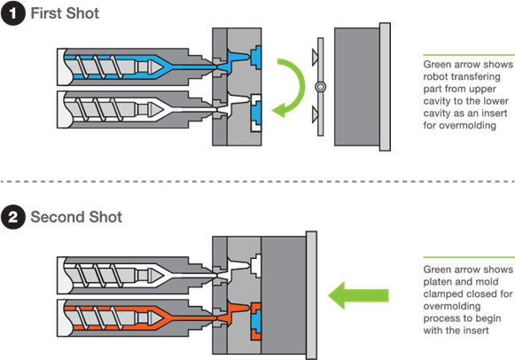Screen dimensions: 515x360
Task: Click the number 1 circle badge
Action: pos(12,13)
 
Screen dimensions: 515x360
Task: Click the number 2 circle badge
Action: pos(12,216)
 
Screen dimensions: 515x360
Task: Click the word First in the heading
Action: pos(46,13)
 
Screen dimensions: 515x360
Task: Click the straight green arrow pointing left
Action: pos(358,295)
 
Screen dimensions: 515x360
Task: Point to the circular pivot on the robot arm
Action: pos(321,87)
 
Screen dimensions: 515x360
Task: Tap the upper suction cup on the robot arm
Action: pos(315,57)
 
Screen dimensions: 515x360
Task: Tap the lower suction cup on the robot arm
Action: pos(315,114)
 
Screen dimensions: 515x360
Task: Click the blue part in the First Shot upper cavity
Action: pos(256,58)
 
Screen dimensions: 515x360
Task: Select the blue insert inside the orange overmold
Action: pos(256,320)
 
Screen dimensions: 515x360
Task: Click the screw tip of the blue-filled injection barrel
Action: pos(155,67)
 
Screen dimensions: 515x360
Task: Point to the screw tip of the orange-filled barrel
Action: pos(155,318)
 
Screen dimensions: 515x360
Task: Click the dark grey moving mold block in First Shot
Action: pos(356,87)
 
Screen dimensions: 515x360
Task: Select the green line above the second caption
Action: pos(469,257)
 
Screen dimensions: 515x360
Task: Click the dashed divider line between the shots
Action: pos(257,181)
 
